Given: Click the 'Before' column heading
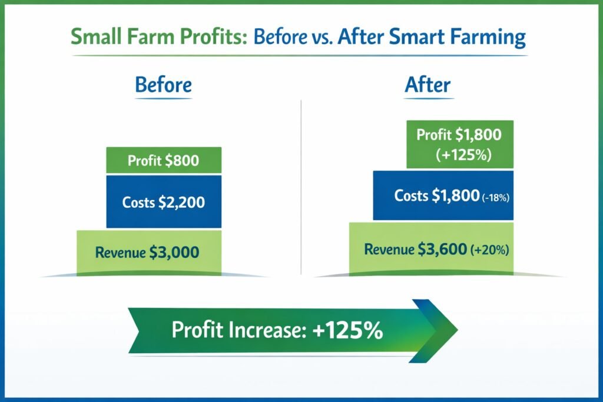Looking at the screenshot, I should [x=163, y=85].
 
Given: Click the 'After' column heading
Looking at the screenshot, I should [x=428, y=85].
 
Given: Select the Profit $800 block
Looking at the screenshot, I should [x=163, y=160].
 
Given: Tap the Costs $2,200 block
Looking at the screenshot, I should [x=163, y=202].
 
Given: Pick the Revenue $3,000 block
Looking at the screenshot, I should [x=149, y=253].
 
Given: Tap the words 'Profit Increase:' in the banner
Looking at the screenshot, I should [x=238, y=330].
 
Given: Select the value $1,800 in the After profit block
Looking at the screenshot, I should [x=478, y=135].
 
